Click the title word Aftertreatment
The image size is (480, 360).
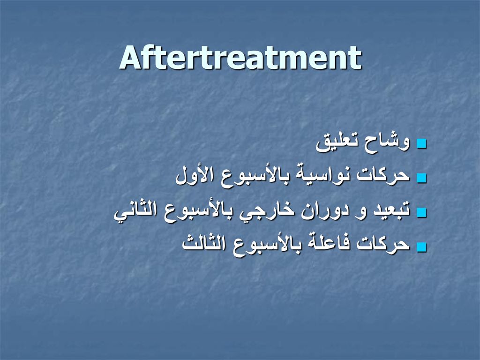(x=240, y=58)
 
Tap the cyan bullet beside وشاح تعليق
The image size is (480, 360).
(x=422, y=144)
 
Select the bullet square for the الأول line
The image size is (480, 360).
(x=422, y=178)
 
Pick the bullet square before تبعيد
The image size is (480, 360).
(x=422, y=212)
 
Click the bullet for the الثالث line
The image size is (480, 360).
(x=422, y=247)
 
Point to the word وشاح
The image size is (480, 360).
(x=387, y=142)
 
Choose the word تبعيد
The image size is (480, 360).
(x=391, y=210)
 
